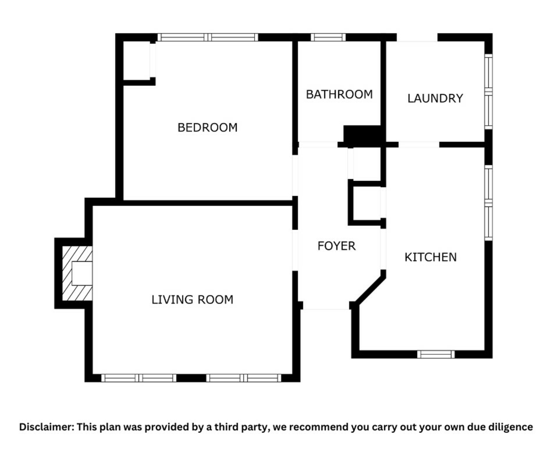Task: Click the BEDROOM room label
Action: tap(207, 128)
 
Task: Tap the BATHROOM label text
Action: tap(339, 94)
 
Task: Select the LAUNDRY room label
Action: tap(435, 98)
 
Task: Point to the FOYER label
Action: tap(336, 246)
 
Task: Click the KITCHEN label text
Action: tap(430, 257)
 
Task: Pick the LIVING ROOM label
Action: tap(192, 300)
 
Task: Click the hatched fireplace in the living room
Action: tap(77, 273)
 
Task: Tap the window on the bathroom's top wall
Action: tap(328, 37)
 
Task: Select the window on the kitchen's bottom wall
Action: tap(436, 355)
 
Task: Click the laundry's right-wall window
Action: tap(489, 92)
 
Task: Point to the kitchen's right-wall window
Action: tap(489, 203)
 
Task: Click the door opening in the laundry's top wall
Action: tap(417, 37)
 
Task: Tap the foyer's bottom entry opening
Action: tap(326, 306)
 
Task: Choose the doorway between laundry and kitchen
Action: tap(419, 145)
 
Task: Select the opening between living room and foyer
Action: tap(295, 250)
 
